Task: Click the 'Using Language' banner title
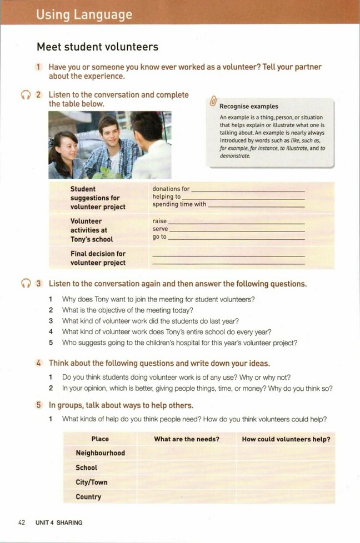point(84,14)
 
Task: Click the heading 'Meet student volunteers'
point(97,47)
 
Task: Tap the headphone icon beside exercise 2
point(25,95)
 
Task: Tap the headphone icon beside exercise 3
point(25,284)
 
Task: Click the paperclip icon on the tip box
point(213,102)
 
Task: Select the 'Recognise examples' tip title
point(249,106)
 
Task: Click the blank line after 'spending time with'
point(256,205)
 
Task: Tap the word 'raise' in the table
point(159,221)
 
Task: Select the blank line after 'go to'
point(236,238)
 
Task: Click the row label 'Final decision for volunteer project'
point(98,258)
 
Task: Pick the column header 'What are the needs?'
point(187,439)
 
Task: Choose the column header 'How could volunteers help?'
point(286,439)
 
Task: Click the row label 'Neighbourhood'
point(100,453)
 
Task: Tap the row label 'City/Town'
point(92,482)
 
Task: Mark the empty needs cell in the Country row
point(187,497)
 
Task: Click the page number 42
point(22,522)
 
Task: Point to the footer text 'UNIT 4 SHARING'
point(59,522)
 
